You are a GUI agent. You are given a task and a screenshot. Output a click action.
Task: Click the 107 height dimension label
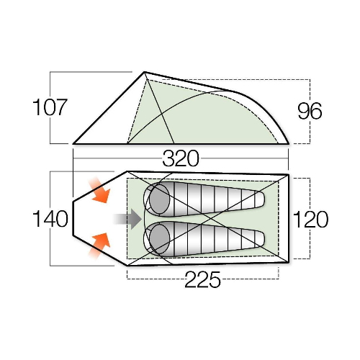click(50, 107)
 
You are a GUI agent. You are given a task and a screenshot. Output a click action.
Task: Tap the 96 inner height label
click(310, 111)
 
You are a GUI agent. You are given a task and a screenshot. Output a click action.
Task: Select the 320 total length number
click(181, 158)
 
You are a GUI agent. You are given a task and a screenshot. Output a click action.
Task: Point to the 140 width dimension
click(50, 219)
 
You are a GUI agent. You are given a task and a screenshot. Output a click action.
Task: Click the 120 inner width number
click(310, 219)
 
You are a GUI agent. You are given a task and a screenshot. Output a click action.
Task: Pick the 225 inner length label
click(202, 279)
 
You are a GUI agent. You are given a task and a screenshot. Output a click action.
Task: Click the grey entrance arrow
click(127, 219)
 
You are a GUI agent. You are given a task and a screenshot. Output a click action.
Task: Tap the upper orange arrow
click(99, 190)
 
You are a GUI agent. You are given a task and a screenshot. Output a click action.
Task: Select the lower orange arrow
click(99, 246)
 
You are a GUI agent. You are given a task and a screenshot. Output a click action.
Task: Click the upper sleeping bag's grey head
click(159, 199)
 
